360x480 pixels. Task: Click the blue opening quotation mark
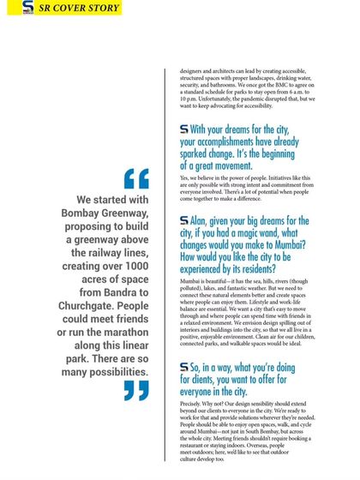136,178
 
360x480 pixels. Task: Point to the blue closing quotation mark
135,391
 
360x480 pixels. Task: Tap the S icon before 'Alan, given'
184,220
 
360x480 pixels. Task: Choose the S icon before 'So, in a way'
184,367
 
